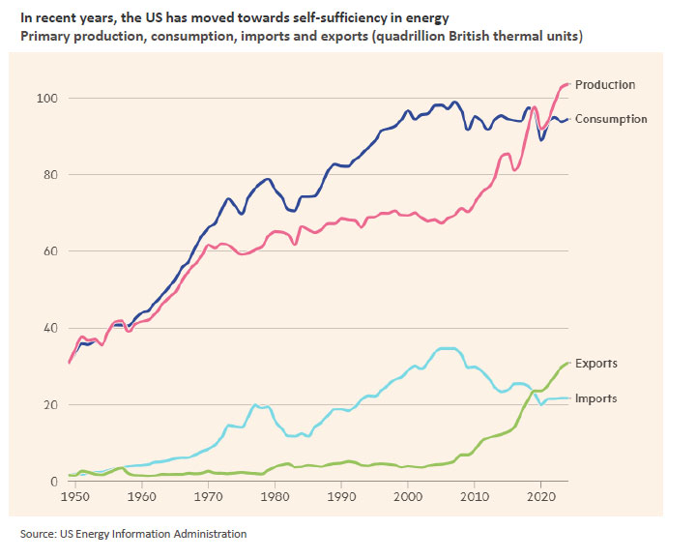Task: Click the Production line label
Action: pyautogui.click(x=604, y=85)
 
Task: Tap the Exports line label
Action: pyautogui.click(x=595, y=365)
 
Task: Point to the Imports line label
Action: pyautogui.click(x=595, y=398)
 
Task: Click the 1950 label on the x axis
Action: pyautogui.click(x=74, y=497)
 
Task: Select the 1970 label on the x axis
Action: pyautogui.click(x=208, y=497)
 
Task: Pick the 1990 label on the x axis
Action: pyautogui.click(x=341, y=497)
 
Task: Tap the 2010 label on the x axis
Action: pyautogui.click(x=474, y=497)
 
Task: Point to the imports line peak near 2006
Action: pyautogui.click(x=445, y=348)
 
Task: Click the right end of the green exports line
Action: pyautogui.click(x=567, y=363)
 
